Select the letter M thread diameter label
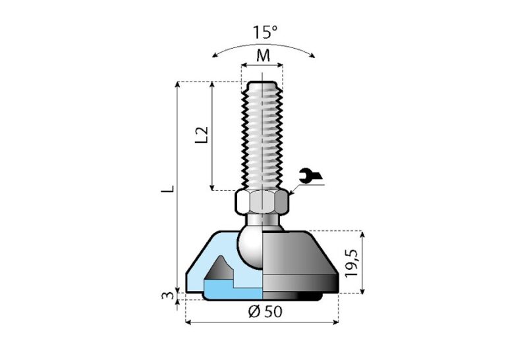pyautogui.click(x=263, y=55)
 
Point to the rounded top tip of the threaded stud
pyautogui.click(x=262, y=83)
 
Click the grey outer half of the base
pyautogui.click(x=300, y=260)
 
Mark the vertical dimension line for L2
pyautogui.click(x=212, y=135)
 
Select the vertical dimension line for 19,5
pyautogui.click(x=363, y=262)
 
